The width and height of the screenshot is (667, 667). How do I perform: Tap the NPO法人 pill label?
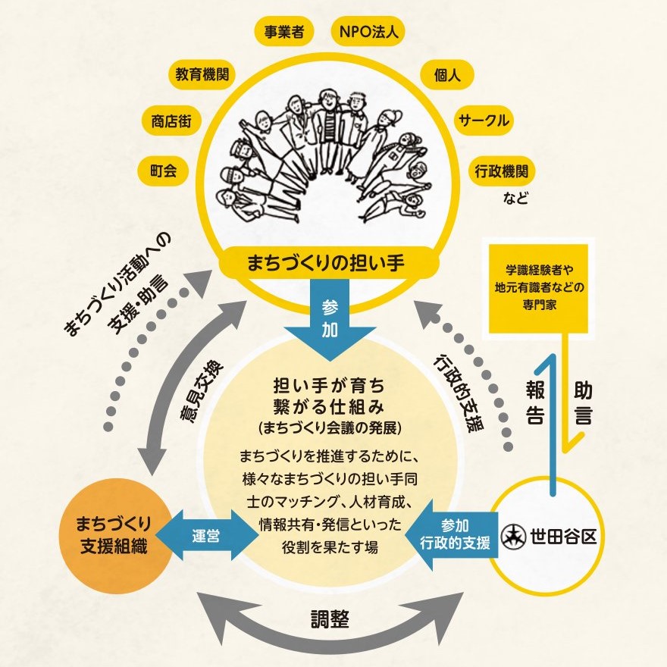point(369,33)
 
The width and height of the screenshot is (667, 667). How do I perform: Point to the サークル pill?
point(483,121)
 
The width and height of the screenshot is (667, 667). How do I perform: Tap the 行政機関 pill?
point(503,171)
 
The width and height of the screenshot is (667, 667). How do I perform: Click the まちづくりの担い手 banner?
point(327,263)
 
